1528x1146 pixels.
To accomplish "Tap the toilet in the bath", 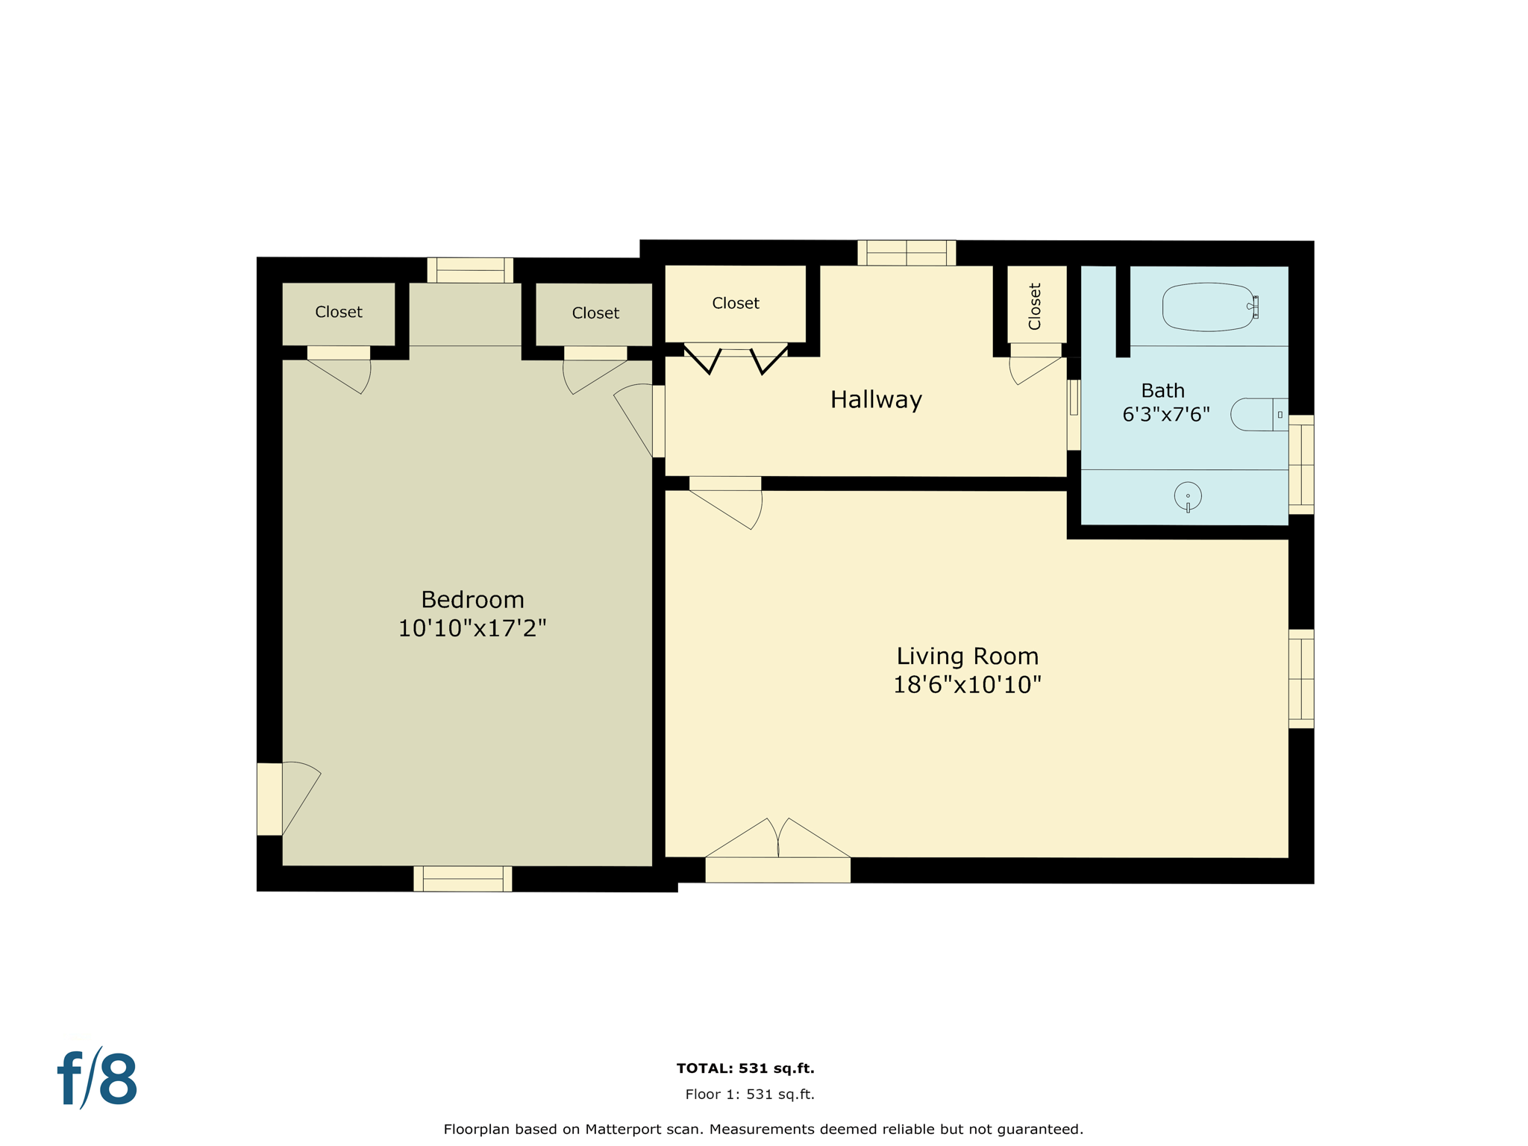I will click(x=1258, y=414).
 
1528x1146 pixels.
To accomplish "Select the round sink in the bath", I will click(x=1188, y=496).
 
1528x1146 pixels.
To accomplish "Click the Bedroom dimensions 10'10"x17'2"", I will click(x=472, y=628).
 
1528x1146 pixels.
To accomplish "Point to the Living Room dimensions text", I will click(x=967, y=684).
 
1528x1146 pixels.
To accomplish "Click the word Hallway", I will click(x=876, y=400).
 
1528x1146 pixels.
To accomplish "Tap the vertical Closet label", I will click(x=1035, y=306).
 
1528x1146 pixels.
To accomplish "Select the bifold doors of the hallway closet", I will click(x=736, y=358).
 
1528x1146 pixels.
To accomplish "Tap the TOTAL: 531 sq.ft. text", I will click(x=745, y=1068).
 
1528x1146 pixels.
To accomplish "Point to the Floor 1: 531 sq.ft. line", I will click(x=750, y=1095).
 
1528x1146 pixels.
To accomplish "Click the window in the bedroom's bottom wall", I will click(x=463, y=879).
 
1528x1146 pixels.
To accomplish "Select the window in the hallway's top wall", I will click(x=907, y=253).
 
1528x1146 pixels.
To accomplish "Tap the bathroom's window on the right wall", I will click(x=1301, y=464).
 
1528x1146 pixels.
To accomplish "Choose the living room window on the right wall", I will click(x=1301, y=679).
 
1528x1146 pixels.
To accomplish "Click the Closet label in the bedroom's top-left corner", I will click(x=339, y=312).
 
